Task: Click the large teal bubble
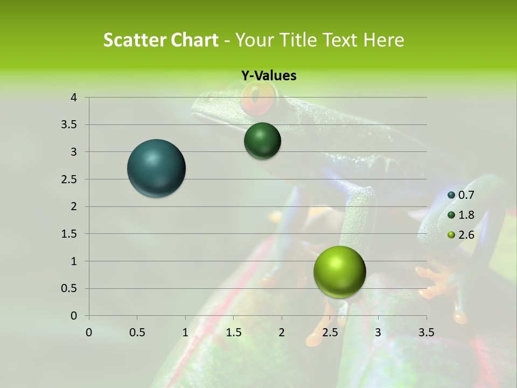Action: point(157,168)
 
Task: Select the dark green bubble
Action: point(262,141)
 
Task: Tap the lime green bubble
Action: point(339,272)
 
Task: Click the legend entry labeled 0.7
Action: point(461,195)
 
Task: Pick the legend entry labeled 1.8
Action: point(461,215)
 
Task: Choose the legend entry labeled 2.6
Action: point(461,234)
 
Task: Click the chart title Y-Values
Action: point(268,76)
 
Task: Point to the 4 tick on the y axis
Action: point(74,98)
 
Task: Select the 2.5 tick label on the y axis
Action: point(69,179)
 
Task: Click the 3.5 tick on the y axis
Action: point(69,125)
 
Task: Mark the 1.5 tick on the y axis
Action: point(69,234)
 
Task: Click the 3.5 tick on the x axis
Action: point(427,332)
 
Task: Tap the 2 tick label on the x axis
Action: point(282,332)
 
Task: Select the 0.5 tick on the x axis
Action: point(137,332)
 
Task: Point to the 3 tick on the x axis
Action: point(378,332)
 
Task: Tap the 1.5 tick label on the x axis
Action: point(234,332)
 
